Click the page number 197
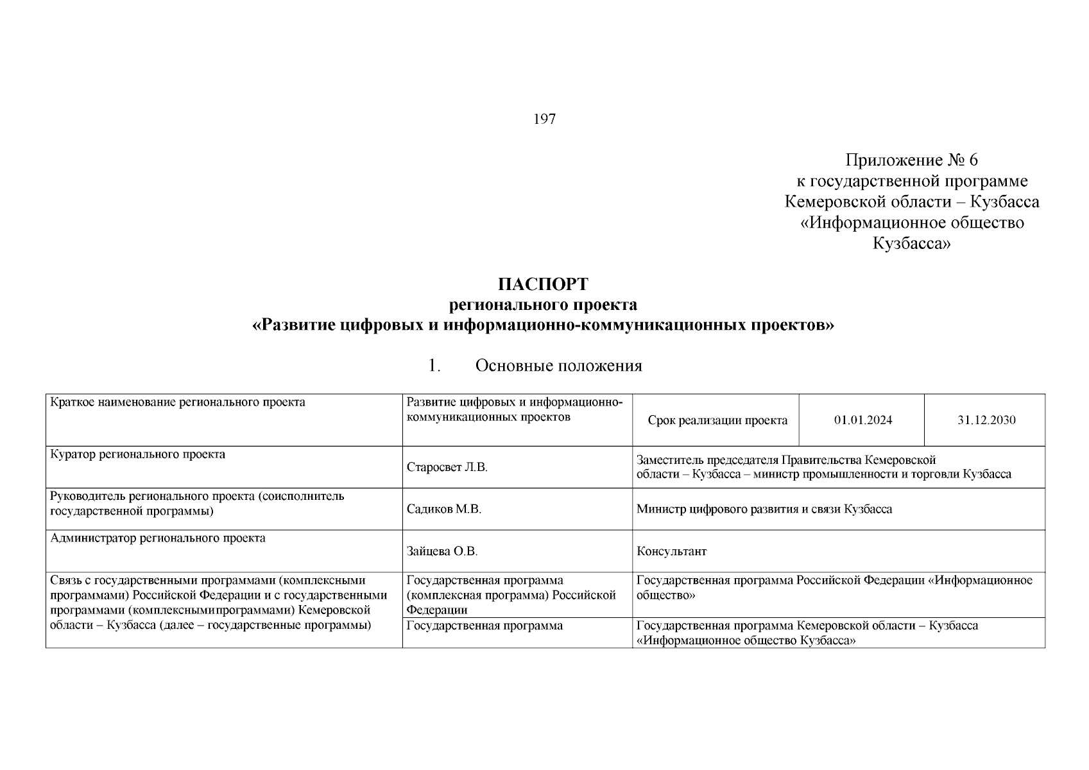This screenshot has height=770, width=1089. [x=544, y=119]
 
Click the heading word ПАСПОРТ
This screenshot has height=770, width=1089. [x=543, y=284]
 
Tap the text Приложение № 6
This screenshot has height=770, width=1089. [x=911, y=160]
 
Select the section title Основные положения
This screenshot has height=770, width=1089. [x=558, y=366]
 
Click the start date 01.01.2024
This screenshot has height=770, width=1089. [x=862, y=420]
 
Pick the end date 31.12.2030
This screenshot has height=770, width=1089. [x=986, y=420]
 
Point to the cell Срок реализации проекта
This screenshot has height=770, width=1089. [x=717, y=420]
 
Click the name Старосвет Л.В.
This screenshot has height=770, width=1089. [x=447, y=467]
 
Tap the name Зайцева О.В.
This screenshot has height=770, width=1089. [x=442, y=551]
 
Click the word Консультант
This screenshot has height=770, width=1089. [x=671, y=551]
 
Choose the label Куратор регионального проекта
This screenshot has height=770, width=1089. [x=138, y=454]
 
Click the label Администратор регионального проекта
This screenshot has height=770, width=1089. [x=158, y=538]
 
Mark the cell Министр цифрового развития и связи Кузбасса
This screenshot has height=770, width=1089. [x=764, y=509]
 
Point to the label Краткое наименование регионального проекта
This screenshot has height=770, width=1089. [x=178, y=402]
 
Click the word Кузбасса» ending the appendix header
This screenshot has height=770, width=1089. [x=911, y=244]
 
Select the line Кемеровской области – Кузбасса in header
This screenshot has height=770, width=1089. [x=911, y=202]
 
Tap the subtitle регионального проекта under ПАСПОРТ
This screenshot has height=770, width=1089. [x=543, y=304]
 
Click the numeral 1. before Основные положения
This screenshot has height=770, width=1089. [x=434, y=366]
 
